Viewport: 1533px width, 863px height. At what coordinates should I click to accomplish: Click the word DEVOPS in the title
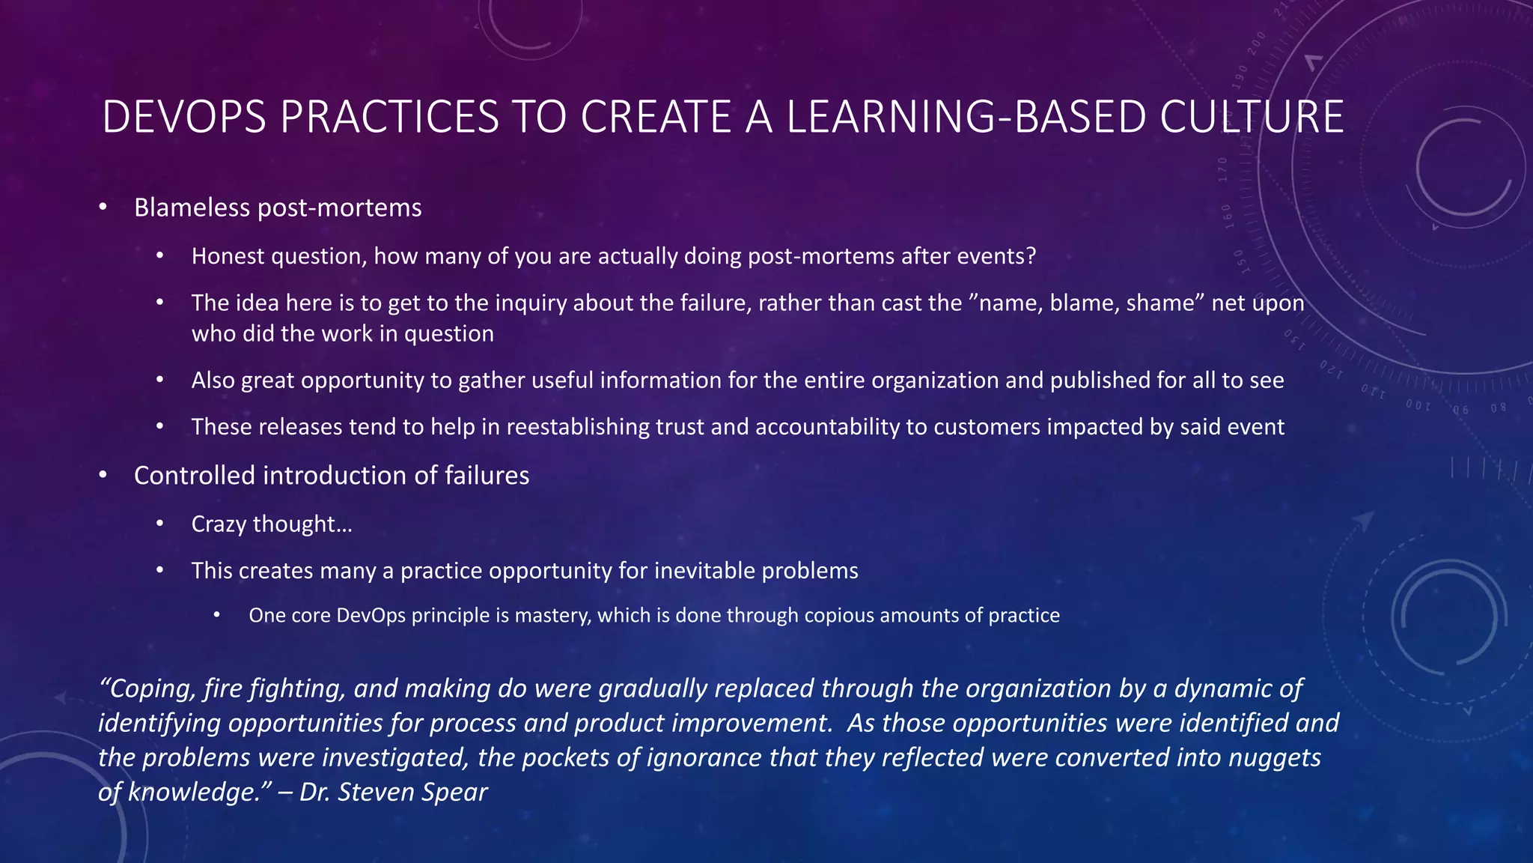[x=184, y=118]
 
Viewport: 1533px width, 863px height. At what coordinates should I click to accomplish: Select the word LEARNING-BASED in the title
[x=966, y=118]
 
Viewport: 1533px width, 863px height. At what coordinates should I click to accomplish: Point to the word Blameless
[x=192, y=208]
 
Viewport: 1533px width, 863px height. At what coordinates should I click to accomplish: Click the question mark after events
[x=1031, y=256]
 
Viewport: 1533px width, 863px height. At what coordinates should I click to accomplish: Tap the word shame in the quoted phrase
[x=1165, y=303]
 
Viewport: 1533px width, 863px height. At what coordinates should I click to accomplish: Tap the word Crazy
[x=219, y=524]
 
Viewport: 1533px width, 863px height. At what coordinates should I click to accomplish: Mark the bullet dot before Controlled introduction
[x=103, y=475]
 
